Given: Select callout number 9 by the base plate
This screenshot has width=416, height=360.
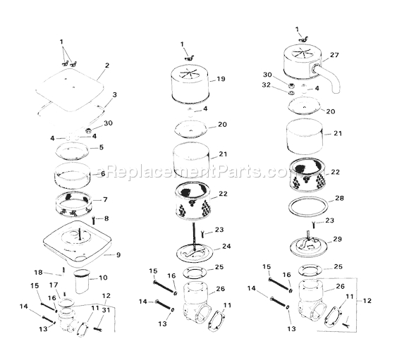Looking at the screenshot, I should click(x=118, y=254).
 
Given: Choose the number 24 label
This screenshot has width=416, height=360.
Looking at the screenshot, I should click(x=225, y=247).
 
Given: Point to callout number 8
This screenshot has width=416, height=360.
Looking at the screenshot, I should click(x=106, y=219).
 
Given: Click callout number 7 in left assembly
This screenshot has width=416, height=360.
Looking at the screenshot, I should click(x=106, y=199).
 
